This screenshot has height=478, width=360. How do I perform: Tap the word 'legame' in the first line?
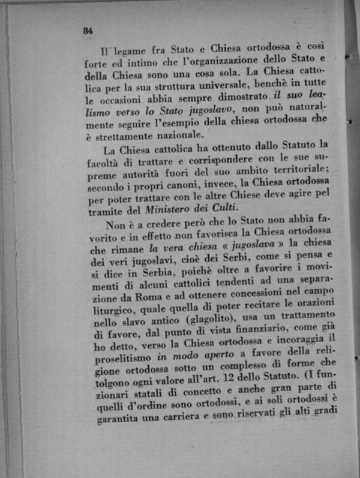click(x=133, y=50)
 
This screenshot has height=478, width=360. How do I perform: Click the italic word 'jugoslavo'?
click(x=203, y=110)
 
